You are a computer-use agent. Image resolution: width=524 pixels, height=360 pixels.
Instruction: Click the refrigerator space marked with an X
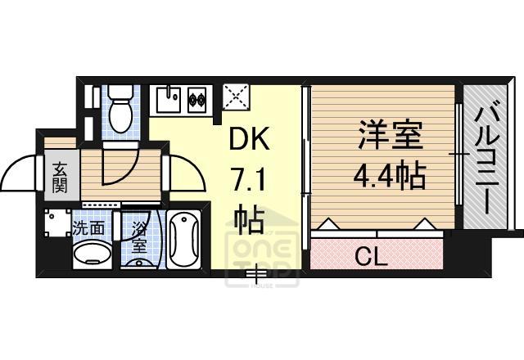coord(237,99)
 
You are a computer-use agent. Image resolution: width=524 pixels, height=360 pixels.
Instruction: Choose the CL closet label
coord(373,256)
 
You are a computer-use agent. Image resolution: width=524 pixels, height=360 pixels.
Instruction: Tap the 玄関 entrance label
coord(60,177)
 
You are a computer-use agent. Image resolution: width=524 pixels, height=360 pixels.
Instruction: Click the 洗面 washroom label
coord(88,229)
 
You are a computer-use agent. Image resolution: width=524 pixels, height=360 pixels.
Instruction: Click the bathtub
coord(185,240)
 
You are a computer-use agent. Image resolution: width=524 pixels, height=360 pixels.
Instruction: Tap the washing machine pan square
coord(56,223)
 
